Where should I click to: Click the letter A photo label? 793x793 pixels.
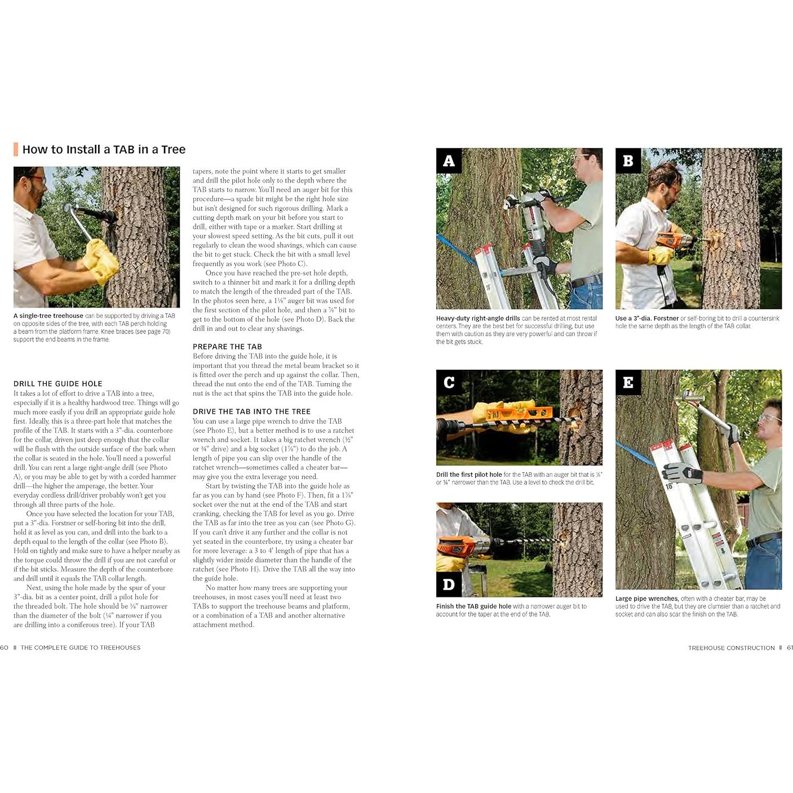click(x=449, y=161)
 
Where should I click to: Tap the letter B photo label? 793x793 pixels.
click(x=628, y=161)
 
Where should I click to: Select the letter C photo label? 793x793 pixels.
click(x=449, y=383)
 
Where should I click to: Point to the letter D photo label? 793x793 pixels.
click(x=449, y=584)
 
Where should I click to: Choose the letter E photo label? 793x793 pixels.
click(x=628, y=383)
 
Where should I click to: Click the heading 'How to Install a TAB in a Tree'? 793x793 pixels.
click(x=104, y=149)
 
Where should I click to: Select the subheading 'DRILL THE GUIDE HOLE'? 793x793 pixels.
click(x=58, y=383)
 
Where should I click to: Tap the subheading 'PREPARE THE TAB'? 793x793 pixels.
click(x=227, y=347)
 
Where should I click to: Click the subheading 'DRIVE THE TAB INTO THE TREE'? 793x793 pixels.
click(x=251, y=411)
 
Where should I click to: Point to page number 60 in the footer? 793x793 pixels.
click(x=5, y=648)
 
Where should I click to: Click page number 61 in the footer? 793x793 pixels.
click(x=789, y=648)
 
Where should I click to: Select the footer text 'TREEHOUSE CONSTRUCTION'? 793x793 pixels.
click(x=731, y=648)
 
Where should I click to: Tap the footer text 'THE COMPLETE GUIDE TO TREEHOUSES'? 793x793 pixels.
click(x=81, y=648)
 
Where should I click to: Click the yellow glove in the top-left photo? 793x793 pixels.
click(x=101, y=260)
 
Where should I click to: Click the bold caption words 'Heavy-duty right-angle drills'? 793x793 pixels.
click(x=477, y=318)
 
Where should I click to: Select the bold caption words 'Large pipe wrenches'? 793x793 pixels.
click(x=646, y=599)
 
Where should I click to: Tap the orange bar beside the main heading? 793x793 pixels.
click(x=16, y=149)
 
